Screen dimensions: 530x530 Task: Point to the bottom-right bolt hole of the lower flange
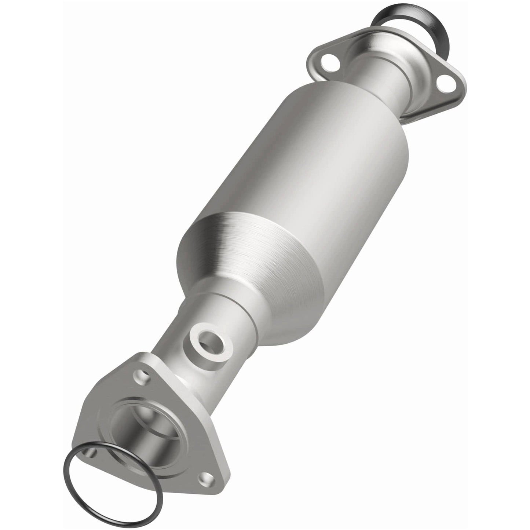(x=202, y=478)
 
